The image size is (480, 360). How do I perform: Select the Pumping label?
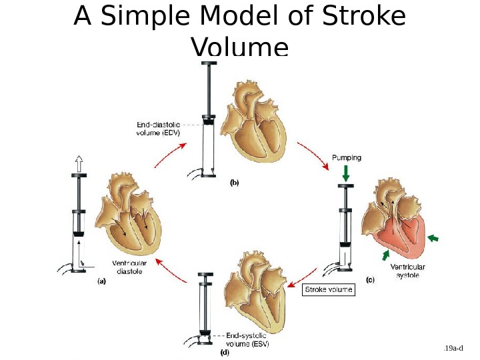[x=346, y=158]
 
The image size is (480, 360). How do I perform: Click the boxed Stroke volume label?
[x=328, y=290]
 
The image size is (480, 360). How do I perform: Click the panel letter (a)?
[x=101, y=281]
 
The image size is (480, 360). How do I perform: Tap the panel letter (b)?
[x=235, y=182]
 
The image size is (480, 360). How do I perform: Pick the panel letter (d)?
[x=225, y=353]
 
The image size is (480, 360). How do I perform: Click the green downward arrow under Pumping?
[x=346, y=173]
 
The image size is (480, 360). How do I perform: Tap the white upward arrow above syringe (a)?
[x=79, y=164]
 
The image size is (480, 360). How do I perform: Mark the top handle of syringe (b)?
[x=210, y=64]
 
